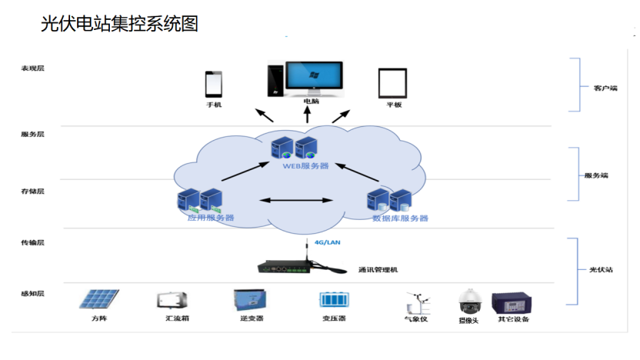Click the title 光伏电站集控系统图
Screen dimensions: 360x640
point(119,25)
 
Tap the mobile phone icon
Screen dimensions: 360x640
point(213,84)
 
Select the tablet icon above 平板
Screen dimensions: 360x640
point(392,83)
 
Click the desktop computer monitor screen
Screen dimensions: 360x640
point(315,76)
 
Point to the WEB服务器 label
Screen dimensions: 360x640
point(305,165)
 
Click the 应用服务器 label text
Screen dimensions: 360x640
point(211,218)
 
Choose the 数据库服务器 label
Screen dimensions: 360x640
point(400,218)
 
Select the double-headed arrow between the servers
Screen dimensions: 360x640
point(296,201)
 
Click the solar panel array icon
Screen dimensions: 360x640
point(102,300)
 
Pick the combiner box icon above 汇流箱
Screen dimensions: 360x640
point(172,300)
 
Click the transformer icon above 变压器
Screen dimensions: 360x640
point(335,299)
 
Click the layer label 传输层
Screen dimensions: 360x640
point(33,243)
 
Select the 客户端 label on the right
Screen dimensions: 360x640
point(605,88)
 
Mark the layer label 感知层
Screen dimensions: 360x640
point(33,294)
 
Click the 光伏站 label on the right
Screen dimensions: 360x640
point(602,270)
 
